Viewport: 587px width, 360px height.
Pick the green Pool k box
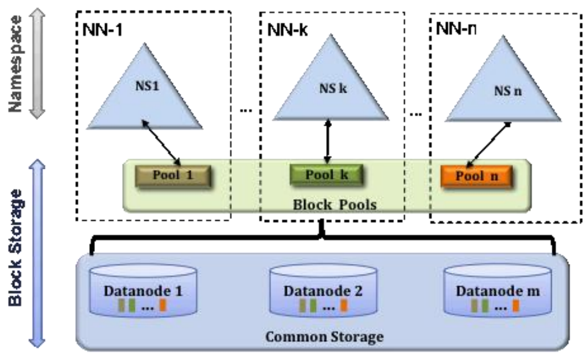(327, 175)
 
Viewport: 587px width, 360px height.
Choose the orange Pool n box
(477, 176)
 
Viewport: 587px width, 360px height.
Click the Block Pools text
(334, 203)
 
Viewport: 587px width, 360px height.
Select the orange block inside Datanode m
(515, 306)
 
